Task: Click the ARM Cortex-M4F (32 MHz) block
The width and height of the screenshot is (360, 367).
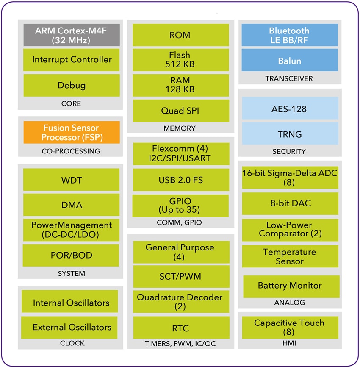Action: click(x=71, y=35)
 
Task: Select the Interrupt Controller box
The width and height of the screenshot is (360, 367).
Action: click(x=71, y=60)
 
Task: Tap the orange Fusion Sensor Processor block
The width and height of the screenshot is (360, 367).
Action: click(x=71, y=132)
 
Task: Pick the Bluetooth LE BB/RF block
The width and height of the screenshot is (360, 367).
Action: click(x=290, y=35)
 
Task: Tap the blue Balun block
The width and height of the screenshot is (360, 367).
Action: click(x=290, y=60)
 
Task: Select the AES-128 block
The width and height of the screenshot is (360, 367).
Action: click(x=290, y=108)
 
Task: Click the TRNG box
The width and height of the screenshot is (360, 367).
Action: click(x=290, y=134)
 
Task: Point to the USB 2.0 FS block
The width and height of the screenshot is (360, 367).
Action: click(x=181, y=180)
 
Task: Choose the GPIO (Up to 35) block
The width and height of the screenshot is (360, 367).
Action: click(x=181, y=206)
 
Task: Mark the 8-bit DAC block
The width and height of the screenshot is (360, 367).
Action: click(x=291, y=203)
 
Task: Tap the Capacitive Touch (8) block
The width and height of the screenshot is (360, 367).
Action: click(x=291, y=327)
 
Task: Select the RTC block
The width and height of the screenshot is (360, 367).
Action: click(x=181, y=328)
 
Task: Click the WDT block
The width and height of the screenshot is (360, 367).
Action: click(x=71, y=180)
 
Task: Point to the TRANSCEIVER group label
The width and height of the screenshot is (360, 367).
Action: click(x=289, y=78)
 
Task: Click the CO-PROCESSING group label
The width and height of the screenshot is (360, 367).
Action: click(x=71, y=151)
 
